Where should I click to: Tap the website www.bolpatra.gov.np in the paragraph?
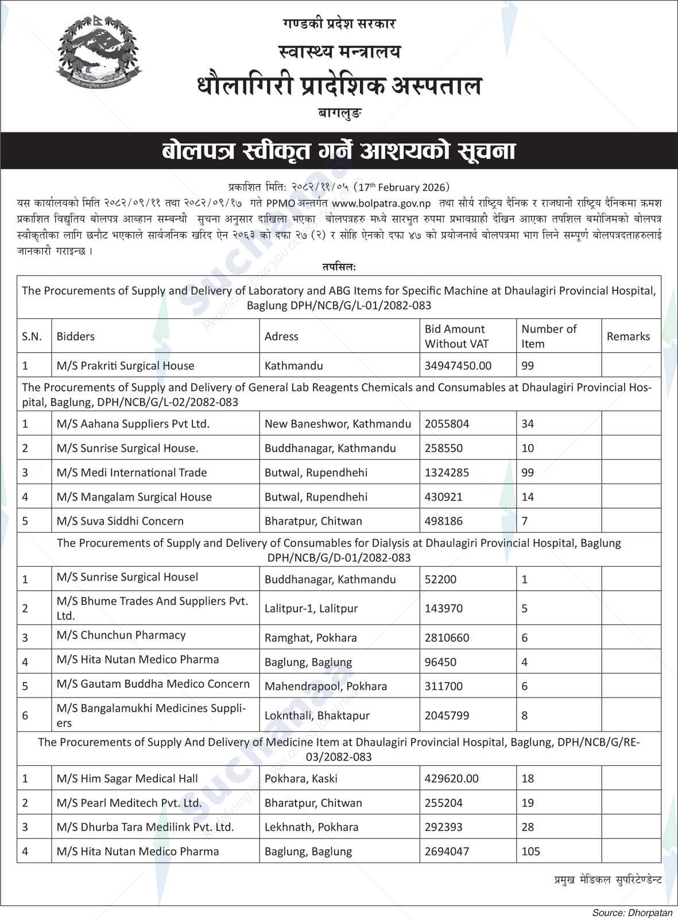point(381,203)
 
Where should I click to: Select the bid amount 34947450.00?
point(458,366)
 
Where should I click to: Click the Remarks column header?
point(628,337)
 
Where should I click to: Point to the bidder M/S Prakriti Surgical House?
point(125,366)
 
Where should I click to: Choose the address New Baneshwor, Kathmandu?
point(338,424)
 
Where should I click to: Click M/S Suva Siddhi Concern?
point(120,521)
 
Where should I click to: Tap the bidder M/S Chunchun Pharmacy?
point(121,636)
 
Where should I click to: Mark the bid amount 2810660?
point(447,638)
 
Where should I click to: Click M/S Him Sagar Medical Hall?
point(127,779)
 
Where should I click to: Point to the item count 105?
point(530,852)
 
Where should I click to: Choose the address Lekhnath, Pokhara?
point(311,827)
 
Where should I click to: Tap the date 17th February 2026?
point(402,188)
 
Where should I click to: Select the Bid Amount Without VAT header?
point(454,337)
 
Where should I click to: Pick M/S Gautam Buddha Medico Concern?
point(153,684)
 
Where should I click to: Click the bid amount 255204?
point(443,803)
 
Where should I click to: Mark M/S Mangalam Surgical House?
point(134,497)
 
